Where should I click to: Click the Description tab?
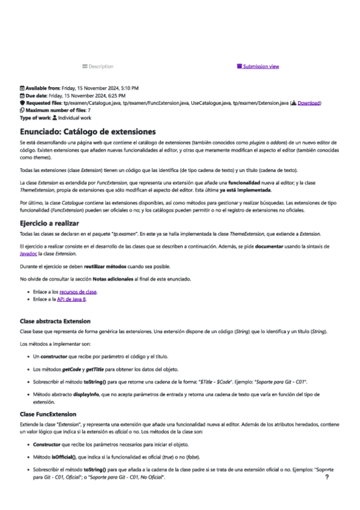click(x=97, y=66)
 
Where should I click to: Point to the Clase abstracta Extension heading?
click(x=55, y=321)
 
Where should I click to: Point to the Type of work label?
click(x=36, y=117)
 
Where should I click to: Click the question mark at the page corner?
click(x=326, y=476)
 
